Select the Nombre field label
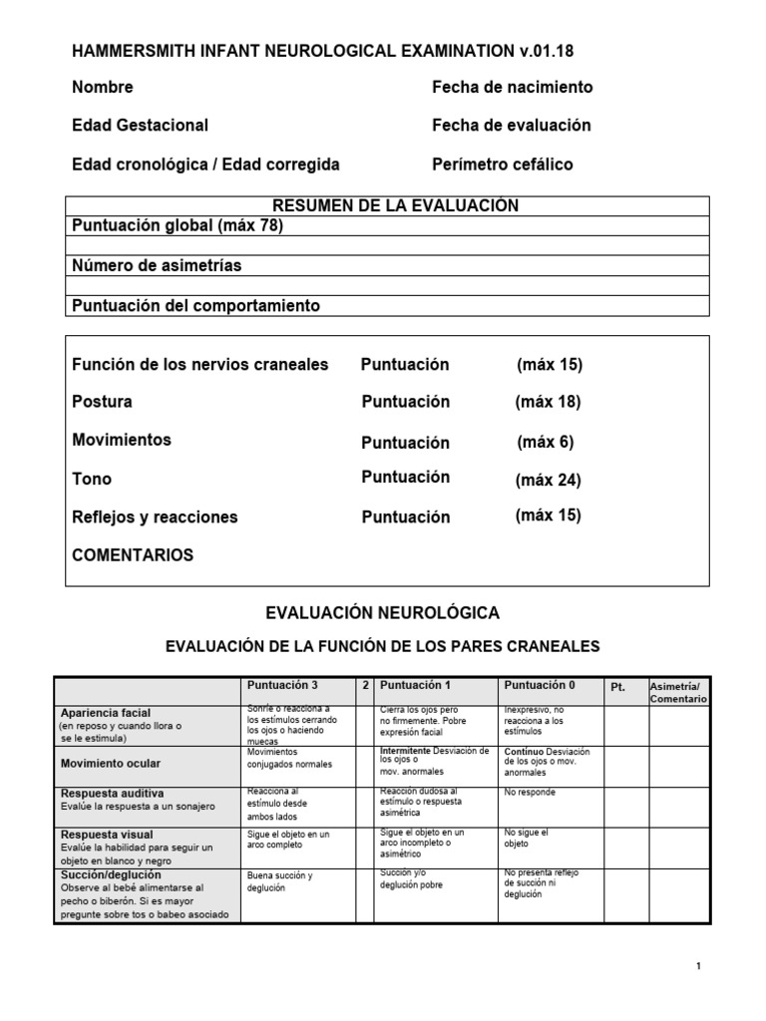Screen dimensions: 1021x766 (103, 88)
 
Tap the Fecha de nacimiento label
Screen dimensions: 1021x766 (512, 88)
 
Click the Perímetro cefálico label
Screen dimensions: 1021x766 (502, 165)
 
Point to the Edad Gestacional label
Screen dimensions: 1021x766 (140, 126)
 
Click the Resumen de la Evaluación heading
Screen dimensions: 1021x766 (382, 205)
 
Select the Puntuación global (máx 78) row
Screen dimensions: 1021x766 (178, 226)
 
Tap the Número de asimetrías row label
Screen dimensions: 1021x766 (157, 266)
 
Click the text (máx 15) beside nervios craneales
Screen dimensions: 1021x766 (549, 365)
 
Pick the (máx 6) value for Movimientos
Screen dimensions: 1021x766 (545, 442)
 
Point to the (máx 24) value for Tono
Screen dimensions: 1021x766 (548, 481)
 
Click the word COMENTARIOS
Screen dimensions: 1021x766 (133, 555)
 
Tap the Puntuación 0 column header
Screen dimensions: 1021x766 (540, 687)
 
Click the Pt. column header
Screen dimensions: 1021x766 (618, 688)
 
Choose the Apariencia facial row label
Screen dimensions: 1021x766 (106, 713)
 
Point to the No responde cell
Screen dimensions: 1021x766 (530, 793)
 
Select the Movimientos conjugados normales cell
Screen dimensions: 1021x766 (287, 759)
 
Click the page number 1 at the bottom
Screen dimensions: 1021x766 (700, 967)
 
